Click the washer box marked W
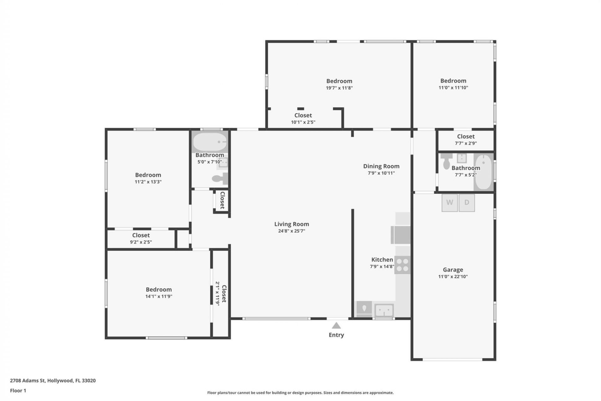click(x=449, y=203)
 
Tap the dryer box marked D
click(x=467, y=203)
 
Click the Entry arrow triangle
click(x=336, y=326)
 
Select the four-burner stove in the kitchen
click(x=402, y=265)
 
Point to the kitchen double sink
click(x=384, y=310)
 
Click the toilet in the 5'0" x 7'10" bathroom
click(x=220, y=179)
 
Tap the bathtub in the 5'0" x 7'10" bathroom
click(x=210, y=142)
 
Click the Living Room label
click(x=291, y=224)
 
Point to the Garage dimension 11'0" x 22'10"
click(x=453, y=276)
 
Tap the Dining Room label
click(x=381, y=166)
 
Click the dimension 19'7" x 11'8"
click(x=339, y=88)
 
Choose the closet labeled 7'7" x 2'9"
click(x=465, y=140)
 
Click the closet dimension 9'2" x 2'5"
click(x=141, y=242)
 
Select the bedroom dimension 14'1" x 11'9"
click(x=159, y=296)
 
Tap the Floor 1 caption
click(x=18, y=390)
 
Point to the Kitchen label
click(x=382, y=259)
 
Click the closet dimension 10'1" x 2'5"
click(x=303, y=122)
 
